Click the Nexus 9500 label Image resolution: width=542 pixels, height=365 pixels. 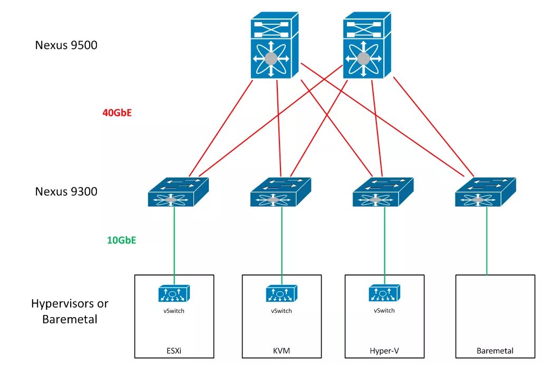pyautogui.click(x=66, y=45)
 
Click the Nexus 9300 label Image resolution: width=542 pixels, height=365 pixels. pyautogui.click(x=66, y=191)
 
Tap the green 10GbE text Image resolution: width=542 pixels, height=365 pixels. pyautogui.click(x=122, y=241)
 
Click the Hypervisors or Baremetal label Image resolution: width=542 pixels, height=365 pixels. pyautogui.click(x=70, y=311)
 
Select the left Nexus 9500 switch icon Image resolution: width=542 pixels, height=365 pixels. pyautogui.click(x=274, y=46)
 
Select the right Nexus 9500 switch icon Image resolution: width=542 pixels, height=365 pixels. pyautogui.click(x=367, y=46)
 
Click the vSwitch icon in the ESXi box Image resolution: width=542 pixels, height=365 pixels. pyautogui.click(x=174, y=294)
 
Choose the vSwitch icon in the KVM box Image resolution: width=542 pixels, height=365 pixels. pyautogui.click(x=281, y=294)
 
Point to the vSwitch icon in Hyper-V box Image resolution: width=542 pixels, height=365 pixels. pyautogui.click(x=384, y=293)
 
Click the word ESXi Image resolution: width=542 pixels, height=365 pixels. pyautogui.click(x=174, y=350)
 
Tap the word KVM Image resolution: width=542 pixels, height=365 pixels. pyautogui.click(x=282, y=350)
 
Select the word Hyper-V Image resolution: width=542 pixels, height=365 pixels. pyautogui.click(x=384, y=350)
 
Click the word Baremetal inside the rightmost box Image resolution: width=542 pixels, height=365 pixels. pyautogui.click(x=495, y=350)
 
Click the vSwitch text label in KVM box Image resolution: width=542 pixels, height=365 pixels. pyautogui.click(x=281, y=311)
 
